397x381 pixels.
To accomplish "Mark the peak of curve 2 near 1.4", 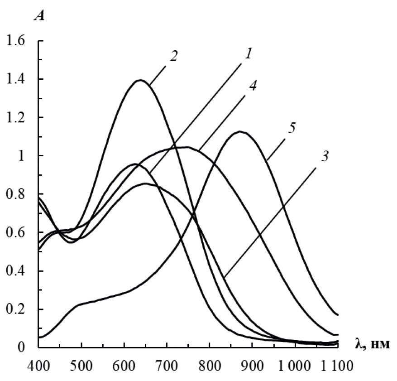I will tap(140, 80).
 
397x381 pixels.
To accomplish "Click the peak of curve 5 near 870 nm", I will tap(240, 132).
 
